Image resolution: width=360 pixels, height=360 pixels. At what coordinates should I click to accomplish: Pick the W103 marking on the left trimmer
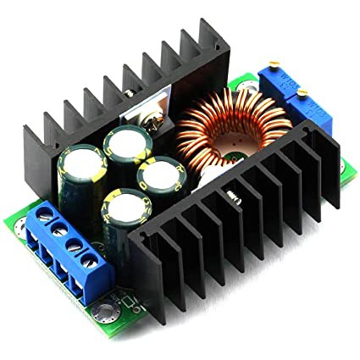284,85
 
